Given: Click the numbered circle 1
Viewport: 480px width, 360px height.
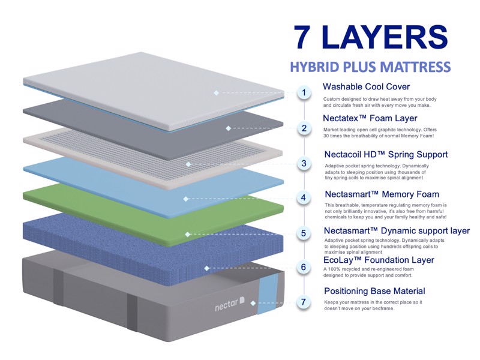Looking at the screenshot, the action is [304, 92].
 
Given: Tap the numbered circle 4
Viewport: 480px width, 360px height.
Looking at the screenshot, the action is [304, 197].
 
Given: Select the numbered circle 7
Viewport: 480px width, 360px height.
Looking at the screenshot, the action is [304, 302].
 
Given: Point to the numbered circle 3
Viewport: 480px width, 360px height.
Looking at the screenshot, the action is [304, 163].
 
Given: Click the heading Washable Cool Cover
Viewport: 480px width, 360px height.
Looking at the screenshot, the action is [366, 86].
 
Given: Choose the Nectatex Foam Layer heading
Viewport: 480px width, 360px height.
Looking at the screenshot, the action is [370, 118].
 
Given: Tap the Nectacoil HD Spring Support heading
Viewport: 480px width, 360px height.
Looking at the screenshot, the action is [386, 154].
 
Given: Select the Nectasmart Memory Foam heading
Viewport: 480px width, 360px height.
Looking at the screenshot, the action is [382, 194].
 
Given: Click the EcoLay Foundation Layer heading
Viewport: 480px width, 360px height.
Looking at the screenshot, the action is [379, 260].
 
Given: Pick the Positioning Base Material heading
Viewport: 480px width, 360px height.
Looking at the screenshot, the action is [374, 291].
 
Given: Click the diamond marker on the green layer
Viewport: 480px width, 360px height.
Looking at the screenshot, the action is [188, 235].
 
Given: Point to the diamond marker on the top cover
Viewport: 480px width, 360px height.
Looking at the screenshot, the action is [217, 93].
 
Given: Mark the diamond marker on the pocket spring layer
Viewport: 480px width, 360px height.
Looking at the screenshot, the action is [188, 164].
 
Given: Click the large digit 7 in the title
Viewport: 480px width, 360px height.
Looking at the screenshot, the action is [302, 37].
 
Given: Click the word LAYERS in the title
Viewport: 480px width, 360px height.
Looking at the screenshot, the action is [385, 37].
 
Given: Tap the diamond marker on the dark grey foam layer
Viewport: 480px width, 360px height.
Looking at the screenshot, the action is [229, 128].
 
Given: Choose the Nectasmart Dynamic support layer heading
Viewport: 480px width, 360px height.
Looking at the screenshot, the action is [397, 231].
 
